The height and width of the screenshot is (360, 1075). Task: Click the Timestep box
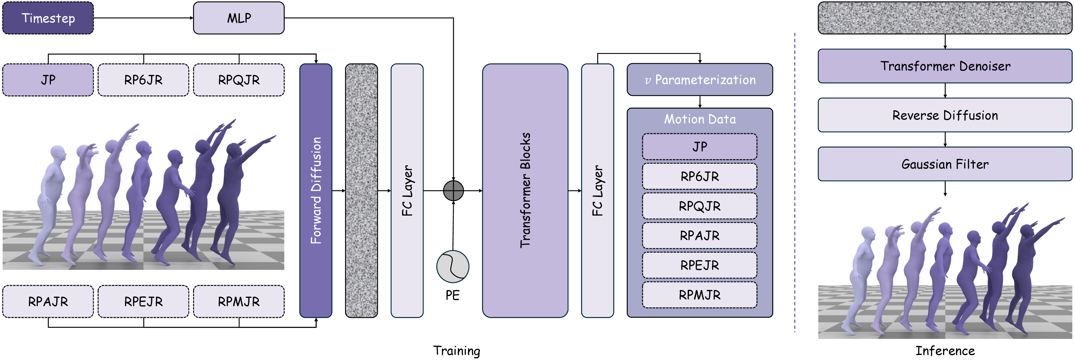click(x=48, y=18)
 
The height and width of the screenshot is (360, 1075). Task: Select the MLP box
click(x=239, y=18)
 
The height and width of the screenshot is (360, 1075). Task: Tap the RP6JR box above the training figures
click(x=143, y=80)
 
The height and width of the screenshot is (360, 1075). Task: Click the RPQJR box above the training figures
click(x=239, y=80)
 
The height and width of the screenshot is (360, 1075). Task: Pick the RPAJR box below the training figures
click(x=48, y=301)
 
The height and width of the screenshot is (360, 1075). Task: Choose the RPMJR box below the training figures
click(x=239, y=301)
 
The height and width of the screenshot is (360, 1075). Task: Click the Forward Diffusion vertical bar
click(x=316, y=191)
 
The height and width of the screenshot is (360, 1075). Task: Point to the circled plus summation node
click(x=453, y=191)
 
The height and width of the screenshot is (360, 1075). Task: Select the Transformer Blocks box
click(x=525, y=191)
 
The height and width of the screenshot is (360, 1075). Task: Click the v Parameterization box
click(x=700, y=80)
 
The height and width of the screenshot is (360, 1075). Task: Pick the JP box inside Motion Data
click(x=700, y=146)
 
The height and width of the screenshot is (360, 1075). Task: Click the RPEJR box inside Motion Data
click(x=700, y=265)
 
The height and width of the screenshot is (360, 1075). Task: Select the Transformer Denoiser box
click(x=945, y=66)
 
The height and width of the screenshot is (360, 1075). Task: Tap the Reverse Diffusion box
click(x=945, y=115)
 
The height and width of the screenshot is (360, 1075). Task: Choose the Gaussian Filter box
click(x=945, y=164)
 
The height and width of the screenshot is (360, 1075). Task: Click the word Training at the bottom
click(x=457, y=350)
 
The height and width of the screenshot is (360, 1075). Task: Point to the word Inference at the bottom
click(x=945, y=350)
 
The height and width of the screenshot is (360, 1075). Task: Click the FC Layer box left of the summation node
click(x=407, y=191)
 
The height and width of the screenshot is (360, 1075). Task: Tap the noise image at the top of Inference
click(x=945, y=18)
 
